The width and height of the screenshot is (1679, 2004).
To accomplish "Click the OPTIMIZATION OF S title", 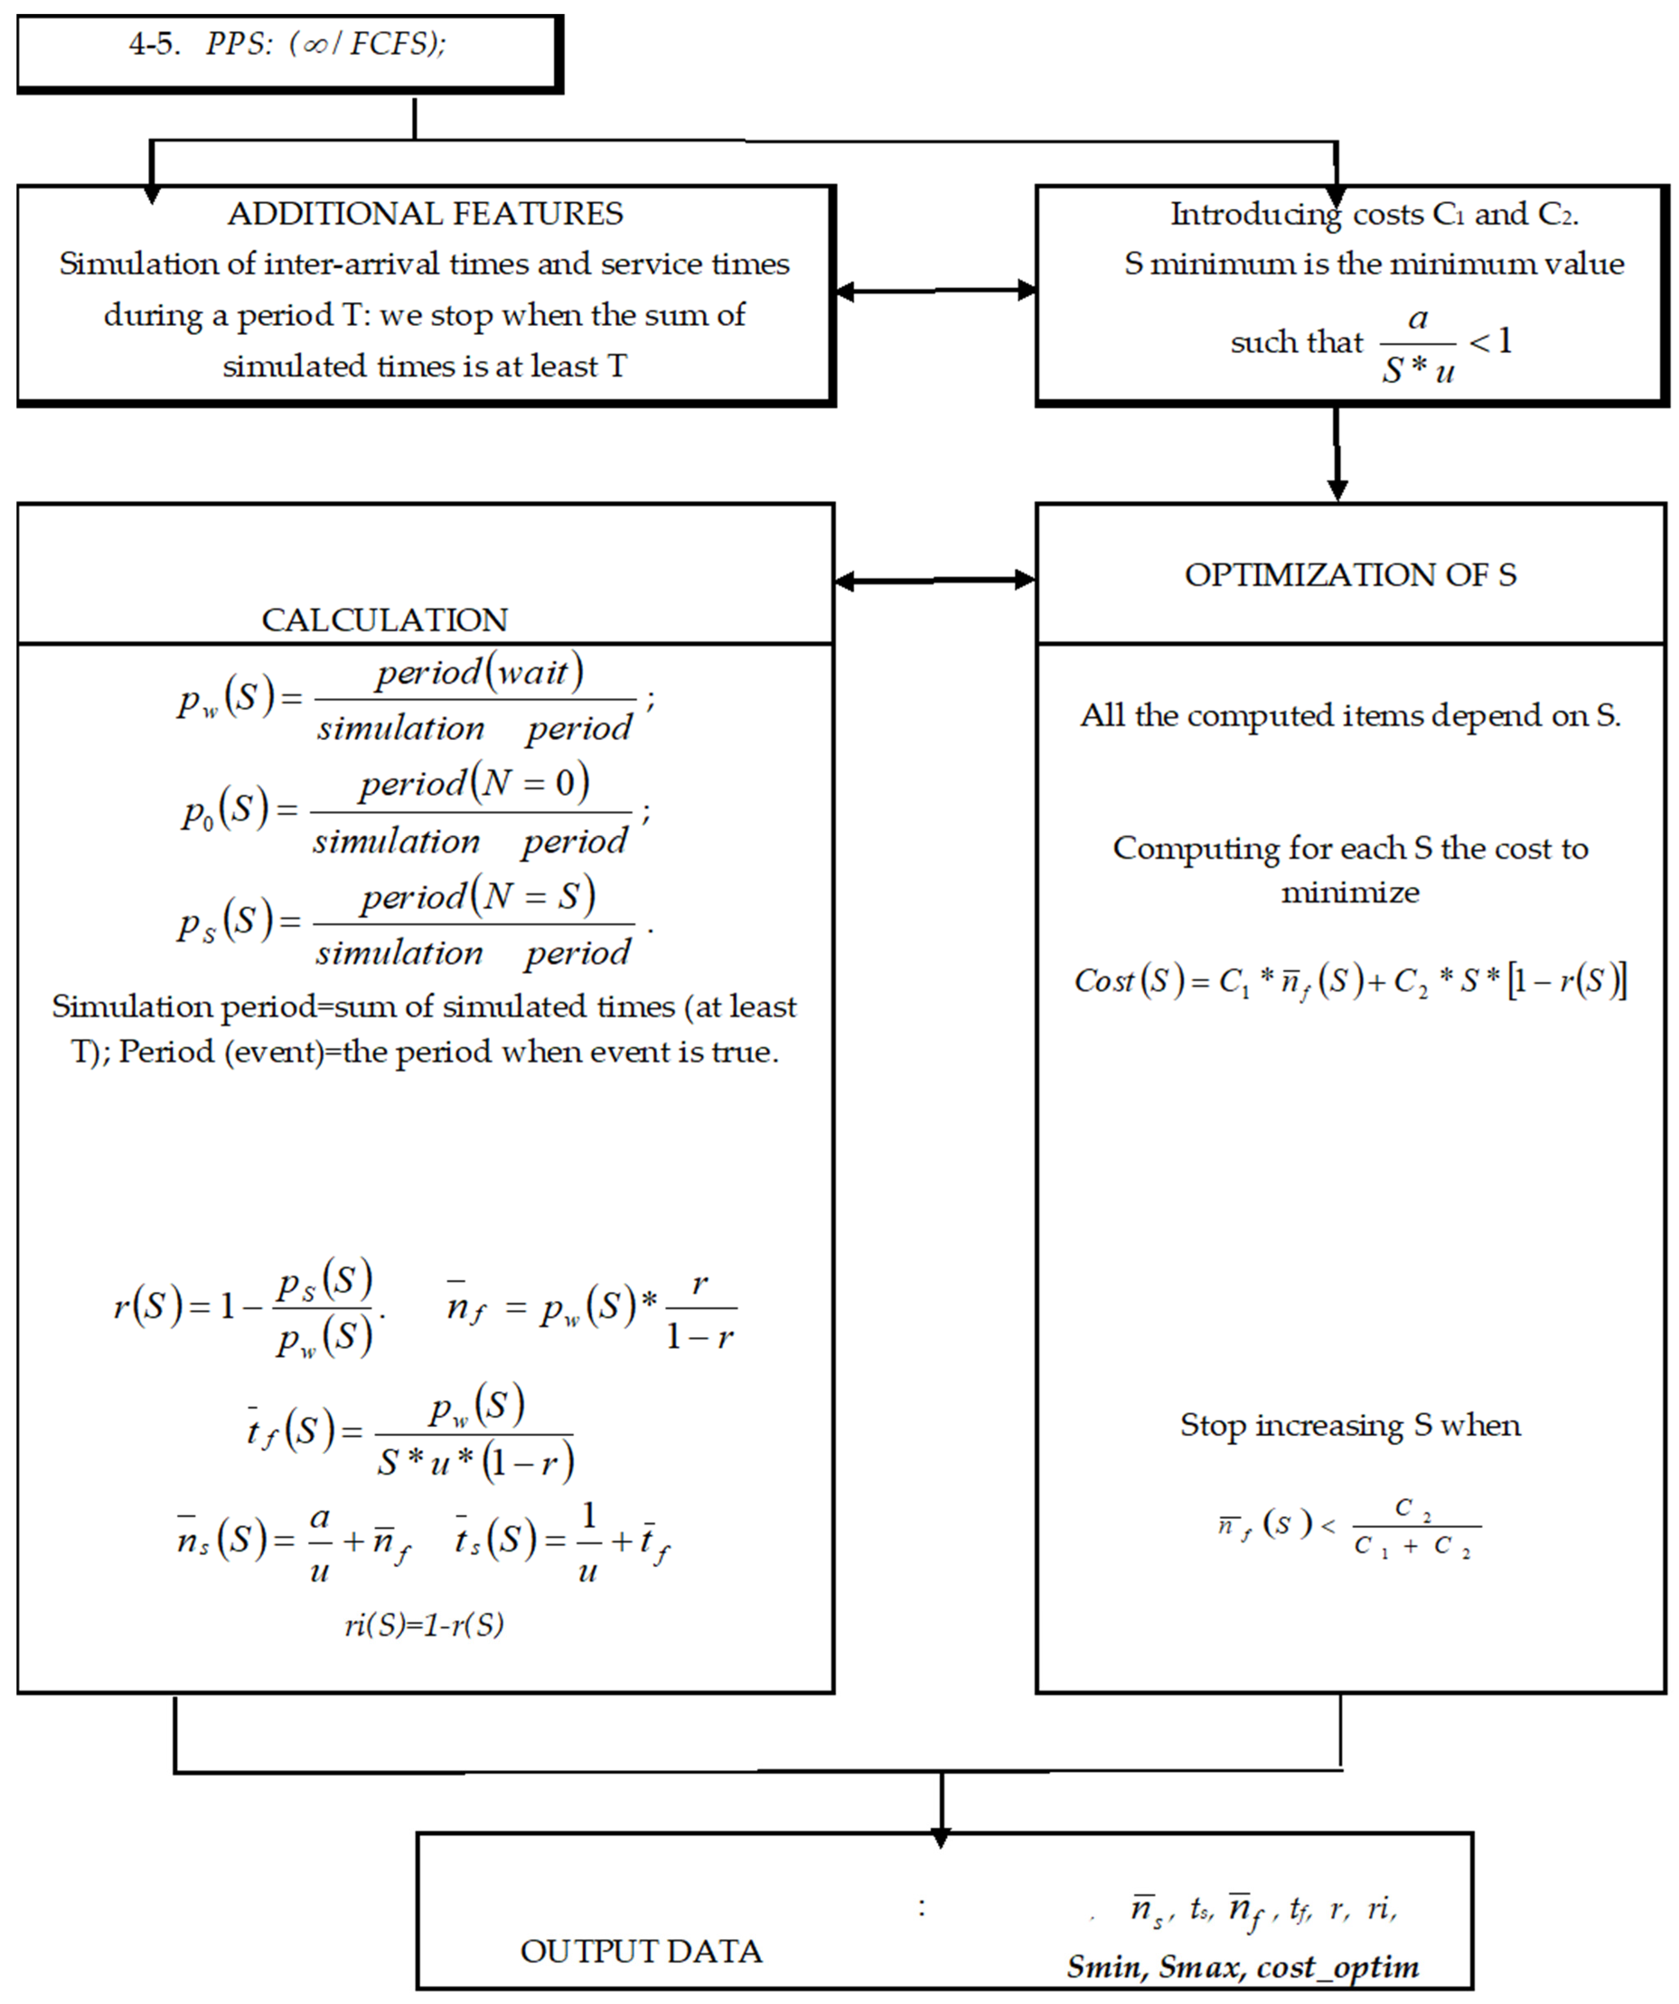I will point(1350,574).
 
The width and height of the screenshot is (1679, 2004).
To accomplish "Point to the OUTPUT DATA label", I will point(640,1950).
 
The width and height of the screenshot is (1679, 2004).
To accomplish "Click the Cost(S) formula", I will point(1350,980).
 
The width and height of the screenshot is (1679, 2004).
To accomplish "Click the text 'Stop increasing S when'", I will point(1350,1425).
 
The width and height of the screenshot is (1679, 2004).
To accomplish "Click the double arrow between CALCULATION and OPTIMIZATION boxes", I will point(935,579).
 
